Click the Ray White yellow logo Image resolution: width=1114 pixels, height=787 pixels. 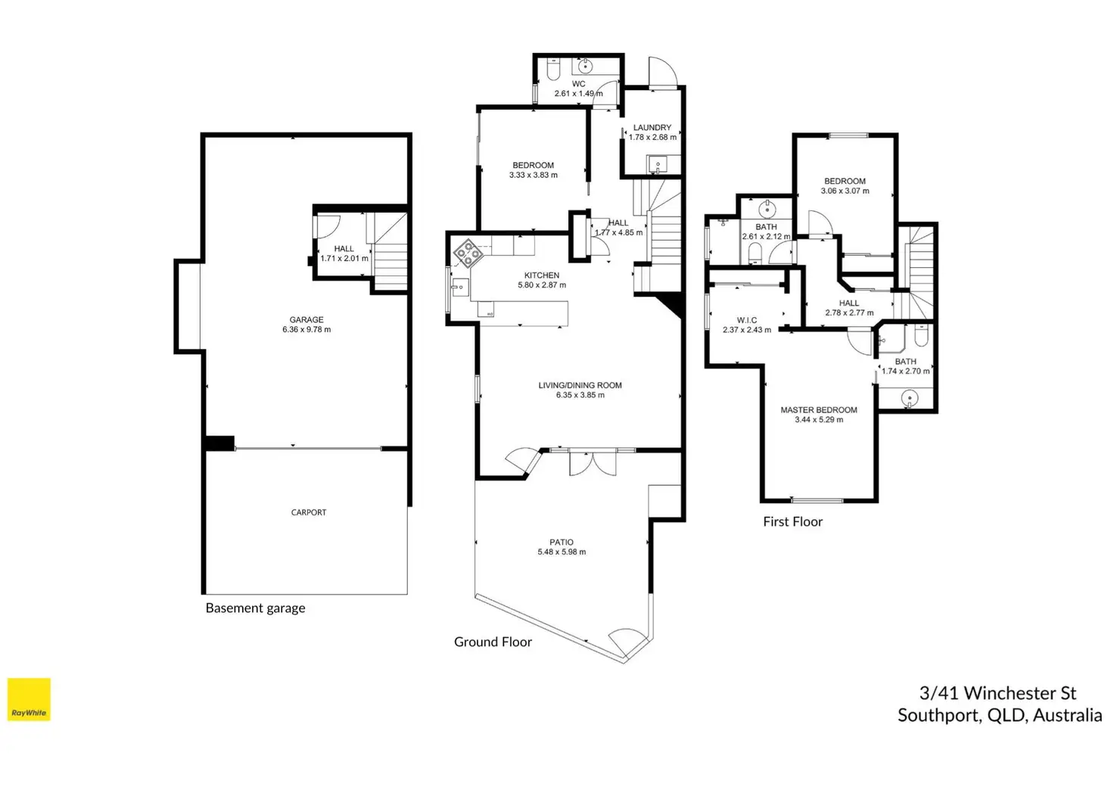point(29,699)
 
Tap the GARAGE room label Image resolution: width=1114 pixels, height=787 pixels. point(307,319)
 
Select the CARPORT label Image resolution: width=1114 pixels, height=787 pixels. point(308,512)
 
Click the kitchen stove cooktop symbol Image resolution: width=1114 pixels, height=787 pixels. point(468,253)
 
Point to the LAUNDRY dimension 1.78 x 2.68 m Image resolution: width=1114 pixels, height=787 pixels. point(652,137)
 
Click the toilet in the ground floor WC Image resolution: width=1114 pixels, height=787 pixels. point(553,70)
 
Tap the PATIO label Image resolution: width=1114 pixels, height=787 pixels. point(562,542)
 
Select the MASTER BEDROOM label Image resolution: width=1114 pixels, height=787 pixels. point(819,409)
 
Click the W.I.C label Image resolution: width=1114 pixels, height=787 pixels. point(746,320)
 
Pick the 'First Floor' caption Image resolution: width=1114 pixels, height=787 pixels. point(792,521)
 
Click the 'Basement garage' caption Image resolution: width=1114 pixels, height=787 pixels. point(255,608)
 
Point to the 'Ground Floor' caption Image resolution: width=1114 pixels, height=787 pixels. point(493,642)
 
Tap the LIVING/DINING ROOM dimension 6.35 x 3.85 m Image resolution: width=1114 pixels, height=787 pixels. point(580,395)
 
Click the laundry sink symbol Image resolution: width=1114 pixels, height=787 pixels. point(658,164)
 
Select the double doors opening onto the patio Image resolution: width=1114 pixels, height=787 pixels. point(593,462)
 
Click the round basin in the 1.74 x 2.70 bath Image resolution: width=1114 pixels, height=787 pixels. point(909,398)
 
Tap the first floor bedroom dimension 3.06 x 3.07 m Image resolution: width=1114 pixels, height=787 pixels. point(845,191)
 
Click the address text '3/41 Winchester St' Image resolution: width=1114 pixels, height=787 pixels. point(997,693)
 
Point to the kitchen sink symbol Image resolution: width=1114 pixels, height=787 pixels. point(460,288)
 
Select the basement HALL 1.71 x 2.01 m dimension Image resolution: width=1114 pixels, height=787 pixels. point(344,259)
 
